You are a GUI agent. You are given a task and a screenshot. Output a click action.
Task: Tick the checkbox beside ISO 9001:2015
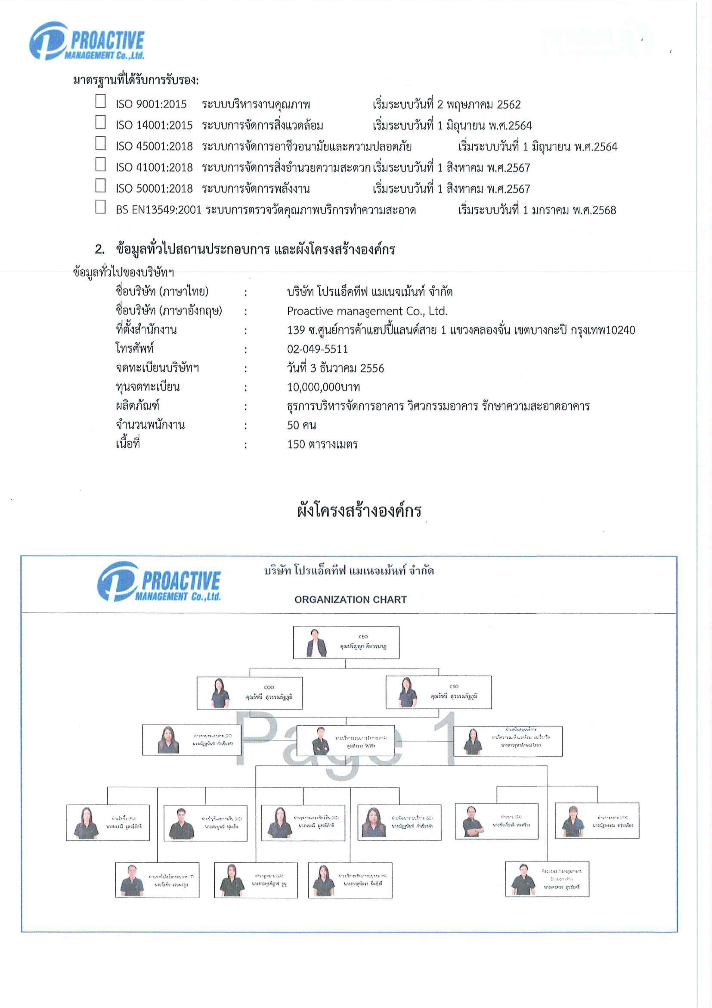100,101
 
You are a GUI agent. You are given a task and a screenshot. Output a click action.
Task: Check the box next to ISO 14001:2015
100,122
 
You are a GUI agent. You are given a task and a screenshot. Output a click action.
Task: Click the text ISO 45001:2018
154,147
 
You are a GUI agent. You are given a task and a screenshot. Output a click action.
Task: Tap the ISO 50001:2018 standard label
154,189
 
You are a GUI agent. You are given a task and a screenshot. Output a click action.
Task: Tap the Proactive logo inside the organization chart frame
159,582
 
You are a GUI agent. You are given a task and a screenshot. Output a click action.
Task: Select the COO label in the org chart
269,687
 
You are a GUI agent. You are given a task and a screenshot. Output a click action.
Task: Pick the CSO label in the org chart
454,686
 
